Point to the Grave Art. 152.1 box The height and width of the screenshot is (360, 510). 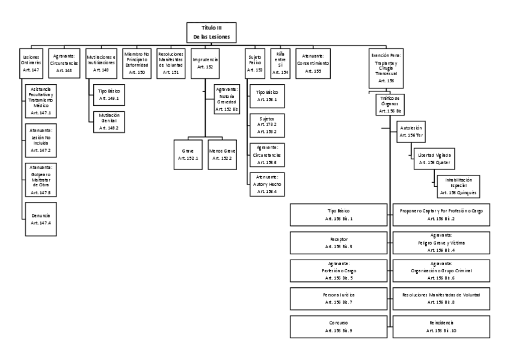[185, 154]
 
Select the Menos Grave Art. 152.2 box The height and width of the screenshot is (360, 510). [223, 154]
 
